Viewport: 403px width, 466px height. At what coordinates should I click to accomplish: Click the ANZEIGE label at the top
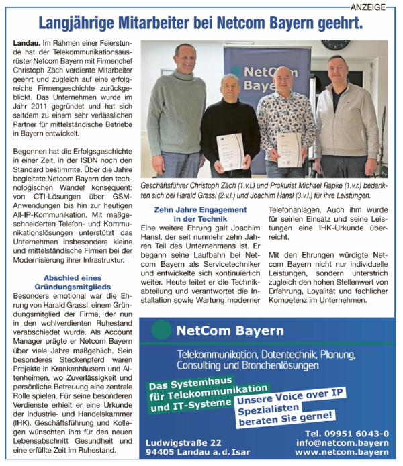click(x=368, y=7)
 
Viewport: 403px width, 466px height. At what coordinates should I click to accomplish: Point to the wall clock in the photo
click(x=335, y=44)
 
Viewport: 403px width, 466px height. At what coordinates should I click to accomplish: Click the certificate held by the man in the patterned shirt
click(x=289, y=147)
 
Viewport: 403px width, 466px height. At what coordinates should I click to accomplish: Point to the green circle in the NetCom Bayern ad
click(x=162, y=330)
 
